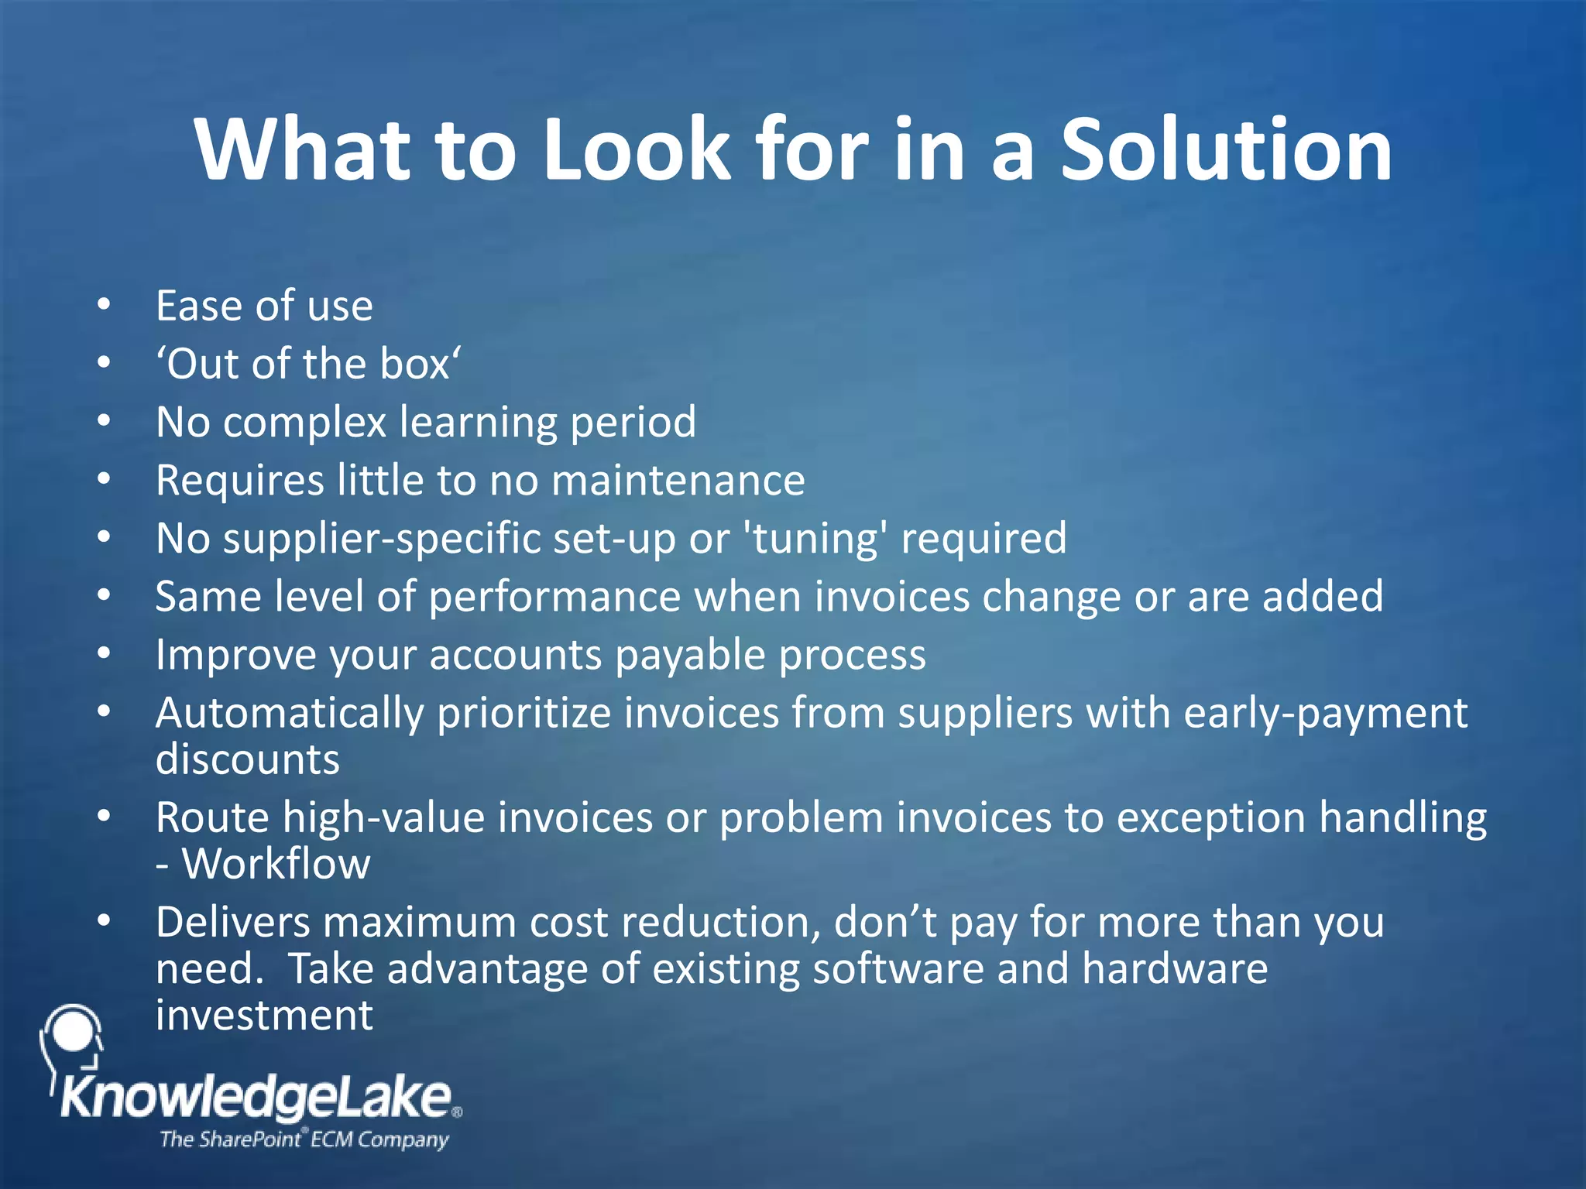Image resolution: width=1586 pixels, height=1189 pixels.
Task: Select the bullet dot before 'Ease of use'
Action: click(x=105, y=304)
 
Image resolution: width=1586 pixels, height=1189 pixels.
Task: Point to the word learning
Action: click(x=478, y=423)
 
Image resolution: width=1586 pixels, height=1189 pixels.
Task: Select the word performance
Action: click(x=555, y=597)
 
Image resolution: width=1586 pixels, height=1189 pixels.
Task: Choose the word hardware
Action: click(x=1175, y=969)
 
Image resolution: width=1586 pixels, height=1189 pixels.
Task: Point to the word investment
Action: click(x=264, y=1016)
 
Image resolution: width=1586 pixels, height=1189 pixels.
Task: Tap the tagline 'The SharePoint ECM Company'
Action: click(x=304, y=1139)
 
